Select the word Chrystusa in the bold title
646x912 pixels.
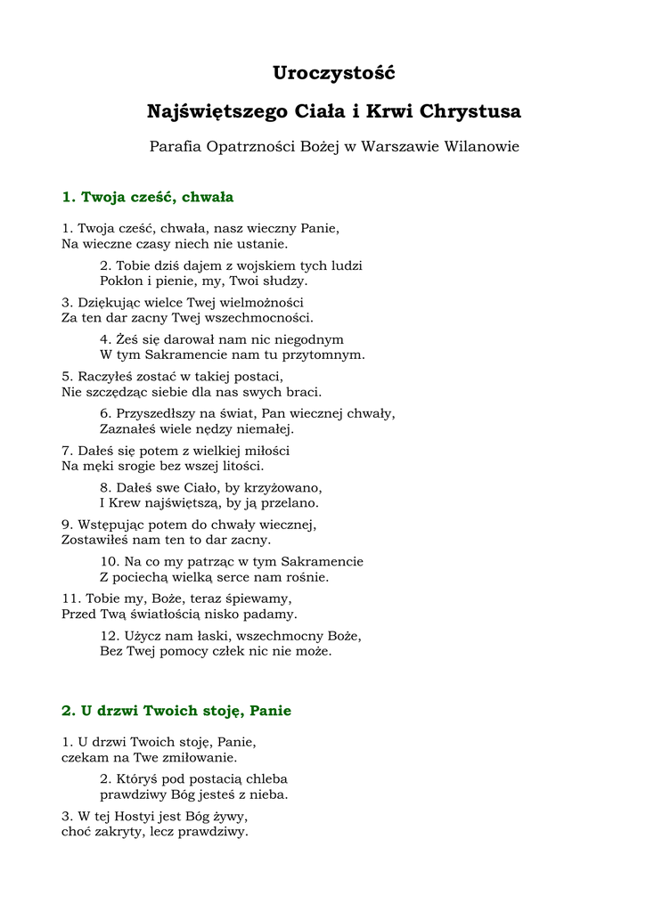click(x=470, y=112)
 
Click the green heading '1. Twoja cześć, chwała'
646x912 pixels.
click(x=148, y=197)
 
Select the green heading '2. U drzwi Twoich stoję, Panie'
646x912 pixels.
click(x=176, y=711)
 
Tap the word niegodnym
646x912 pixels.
click(x=310, y=339)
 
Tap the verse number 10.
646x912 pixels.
click(x=109, y=562)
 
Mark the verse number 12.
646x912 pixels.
click(x=109, y=636)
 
